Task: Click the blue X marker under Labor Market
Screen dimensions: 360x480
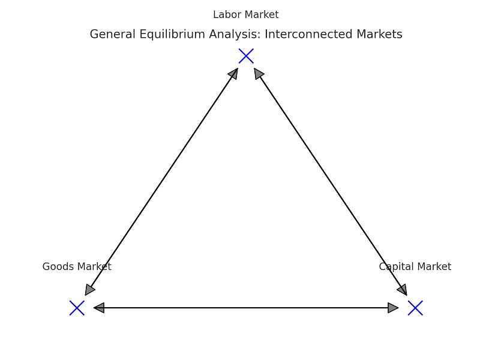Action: [x=246, y=56]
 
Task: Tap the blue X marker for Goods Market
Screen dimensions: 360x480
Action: [x=77, y=308]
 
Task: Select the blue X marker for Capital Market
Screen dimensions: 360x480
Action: [x=415, y=308]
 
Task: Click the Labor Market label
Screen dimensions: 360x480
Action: [x=246, y=15]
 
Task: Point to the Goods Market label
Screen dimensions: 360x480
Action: [x=77, y=266]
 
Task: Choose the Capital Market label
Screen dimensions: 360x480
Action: [x=415, y=266]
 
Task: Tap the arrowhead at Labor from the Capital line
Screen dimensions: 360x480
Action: [x=258, y=73]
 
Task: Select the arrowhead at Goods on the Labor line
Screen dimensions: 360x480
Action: [x=89, y=290]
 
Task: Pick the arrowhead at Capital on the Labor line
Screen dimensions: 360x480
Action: [x=403, y=290]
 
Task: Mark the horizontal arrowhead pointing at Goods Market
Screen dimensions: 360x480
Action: [x=99, y=308]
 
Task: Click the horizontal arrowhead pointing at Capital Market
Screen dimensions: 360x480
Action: [x=394, y=308]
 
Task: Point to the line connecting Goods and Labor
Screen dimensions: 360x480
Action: [x=161, y=182]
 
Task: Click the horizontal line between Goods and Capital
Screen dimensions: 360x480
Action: [x=246, y=308]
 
